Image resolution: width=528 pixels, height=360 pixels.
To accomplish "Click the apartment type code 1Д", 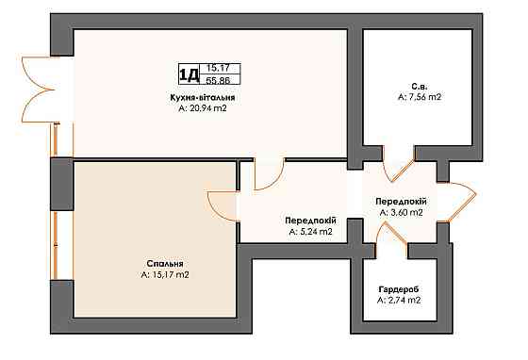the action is point(189,75).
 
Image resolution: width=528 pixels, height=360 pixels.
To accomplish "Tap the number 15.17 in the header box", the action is point(218,68).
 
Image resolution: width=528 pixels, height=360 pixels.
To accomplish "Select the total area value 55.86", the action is point(218,80).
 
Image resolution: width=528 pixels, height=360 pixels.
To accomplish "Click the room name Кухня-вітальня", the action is point(203,98).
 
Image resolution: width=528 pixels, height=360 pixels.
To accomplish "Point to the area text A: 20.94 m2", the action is point(203,108).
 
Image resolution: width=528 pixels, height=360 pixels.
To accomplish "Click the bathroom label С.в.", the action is point(420,86).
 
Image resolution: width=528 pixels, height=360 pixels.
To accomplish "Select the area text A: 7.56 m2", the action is point(420,97).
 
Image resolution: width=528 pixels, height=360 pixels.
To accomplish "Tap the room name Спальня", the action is point(165,264).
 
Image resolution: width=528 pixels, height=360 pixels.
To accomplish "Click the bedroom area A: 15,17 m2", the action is point(165,274).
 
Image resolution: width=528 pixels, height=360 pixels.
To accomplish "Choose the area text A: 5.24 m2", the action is point(310,232).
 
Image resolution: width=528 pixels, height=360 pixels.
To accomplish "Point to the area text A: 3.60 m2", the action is point(401,213).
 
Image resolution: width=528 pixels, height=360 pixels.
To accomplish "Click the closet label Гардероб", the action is point(399,289).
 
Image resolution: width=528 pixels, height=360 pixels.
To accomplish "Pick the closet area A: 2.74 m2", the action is point(399,300).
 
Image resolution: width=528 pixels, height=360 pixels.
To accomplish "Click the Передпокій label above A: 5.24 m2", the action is point(310,221).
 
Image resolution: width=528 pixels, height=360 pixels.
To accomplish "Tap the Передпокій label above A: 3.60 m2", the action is point(401,202).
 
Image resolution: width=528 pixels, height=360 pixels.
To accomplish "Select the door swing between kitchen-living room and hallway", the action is point(270,174).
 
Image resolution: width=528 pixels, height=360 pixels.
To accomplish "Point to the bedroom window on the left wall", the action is point(56,245).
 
